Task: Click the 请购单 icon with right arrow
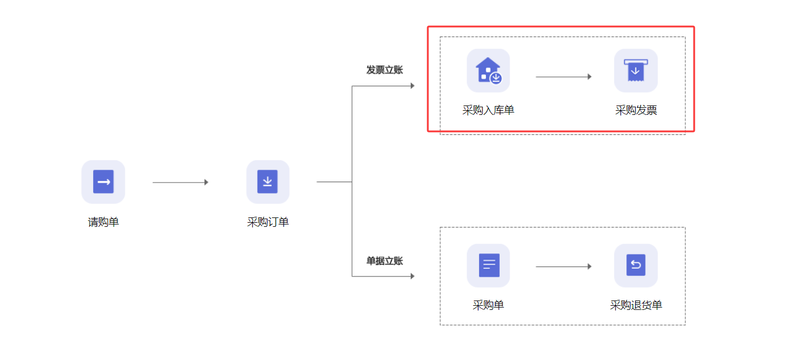pyautogui.click(x=103, y=182)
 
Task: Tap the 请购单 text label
pyautogui.click(x=103, y=222)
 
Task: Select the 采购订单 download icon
pyautogui.click(x=268, y=182)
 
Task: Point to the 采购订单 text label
pyautogui.click(x=268, y=222)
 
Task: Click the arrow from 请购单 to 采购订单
pyautogui.click(x=180, y=182)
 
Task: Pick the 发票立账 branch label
pyautogui.click(x=385, y=70)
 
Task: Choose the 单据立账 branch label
pyautogui.click(x=385, y=261)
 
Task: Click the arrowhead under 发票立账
pyautogui.click(x=412, y=86)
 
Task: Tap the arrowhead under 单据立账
pyautogui.click(x=412, y=276)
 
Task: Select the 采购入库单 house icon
pyautogui.click(x=489, y=71)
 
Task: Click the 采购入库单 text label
pyautogui.click(x=489, y=110)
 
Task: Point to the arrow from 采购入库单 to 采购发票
pyautogui.click(x=563, y=77)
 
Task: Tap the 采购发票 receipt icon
pyautogui.click(x=636, y=71)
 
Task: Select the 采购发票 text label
pyautogui.click(x=636, y=110)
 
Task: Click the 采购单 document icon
pyautogui.click(x=489, y=266)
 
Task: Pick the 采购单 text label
pyautogui.click(x=489, y=305)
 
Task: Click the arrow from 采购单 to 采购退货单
pyautogui.click(x=563, y=266)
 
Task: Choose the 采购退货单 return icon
pyautogui.click(x=636, y=266)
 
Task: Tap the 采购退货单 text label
pyautogui.click(x=636, y=305)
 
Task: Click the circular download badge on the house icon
pyautogui.click(x=496, y=78)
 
